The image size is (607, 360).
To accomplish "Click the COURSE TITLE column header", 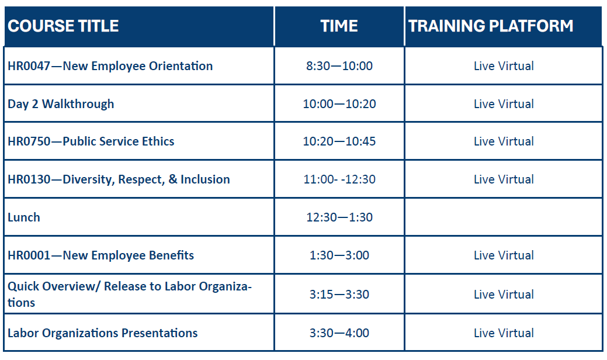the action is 63,26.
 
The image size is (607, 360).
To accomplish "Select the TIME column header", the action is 339,26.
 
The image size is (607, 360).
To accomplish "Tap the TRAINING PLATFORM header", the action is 491,26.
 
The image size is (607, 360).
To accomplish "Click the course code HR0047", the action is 29,66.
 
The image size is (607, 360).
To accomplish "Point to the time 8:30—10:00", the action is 339,66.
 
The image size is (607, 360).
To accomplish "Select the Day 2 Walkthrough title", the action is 61,104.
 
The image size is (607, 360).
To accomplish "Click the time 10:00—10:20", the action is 339,104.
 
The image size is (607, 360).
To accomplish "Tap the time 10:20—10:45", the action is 339,141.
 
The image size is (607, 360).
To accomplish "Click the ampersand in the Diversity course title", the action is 173,179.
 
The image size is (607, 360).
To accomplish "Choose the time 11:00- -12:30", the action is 339,179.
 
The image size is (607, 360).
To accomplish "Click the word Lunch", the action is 23,217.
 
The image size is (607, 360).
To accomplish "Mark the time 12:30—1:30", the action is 339,217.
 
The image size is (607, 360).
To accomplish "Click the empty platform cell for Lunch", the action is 503,217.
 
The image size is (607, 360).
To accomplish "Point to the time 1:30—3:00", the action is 339,255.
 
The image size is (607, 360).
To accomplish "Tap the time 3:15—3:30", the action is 339,294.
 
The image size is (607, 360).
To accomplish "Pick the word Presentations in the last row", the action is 159,333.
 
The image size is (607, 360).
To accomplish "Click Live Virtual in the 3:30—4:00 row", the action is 504,333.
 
